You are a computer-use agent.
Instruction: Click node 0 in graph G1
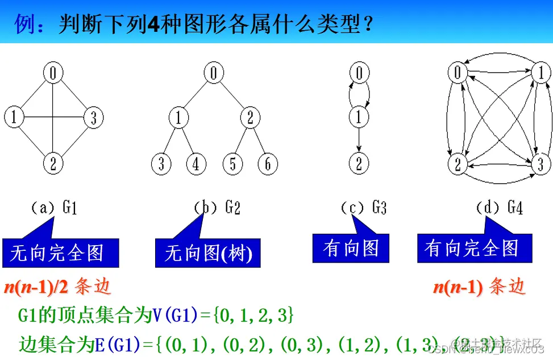52,72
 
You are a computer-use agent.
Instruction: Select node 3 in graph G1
93,118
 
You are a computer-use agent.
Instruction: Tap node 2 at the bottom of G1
52,164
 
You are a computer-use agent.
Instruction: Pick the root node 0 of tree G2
214,73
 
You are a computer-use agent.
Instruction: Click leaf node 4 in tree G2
196,164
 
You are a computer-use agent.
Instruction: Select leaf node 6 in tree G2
267,164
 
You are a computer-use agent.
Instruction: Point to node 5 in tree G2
232,164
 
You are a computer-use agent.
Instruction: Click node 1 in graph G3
359,118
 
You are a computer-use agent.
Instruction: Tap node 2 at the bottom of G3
359,164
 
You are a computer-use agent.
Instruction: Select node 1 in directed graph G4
540,72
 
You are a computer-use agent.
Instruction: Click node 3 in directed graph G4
540,164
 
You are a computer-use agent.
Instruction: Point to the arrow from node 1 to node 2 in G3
359,140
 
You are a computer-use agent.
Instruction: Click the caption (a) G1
54,208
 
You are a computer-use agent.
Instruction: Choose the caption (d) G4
499,208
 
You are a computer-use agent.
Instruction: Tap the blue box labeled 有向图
351,249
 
